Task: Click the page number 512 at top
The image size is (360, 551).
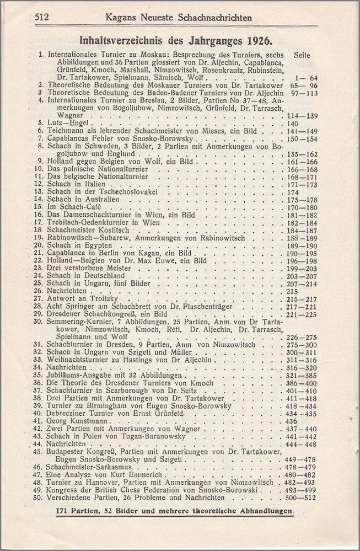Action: (42, 17)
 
